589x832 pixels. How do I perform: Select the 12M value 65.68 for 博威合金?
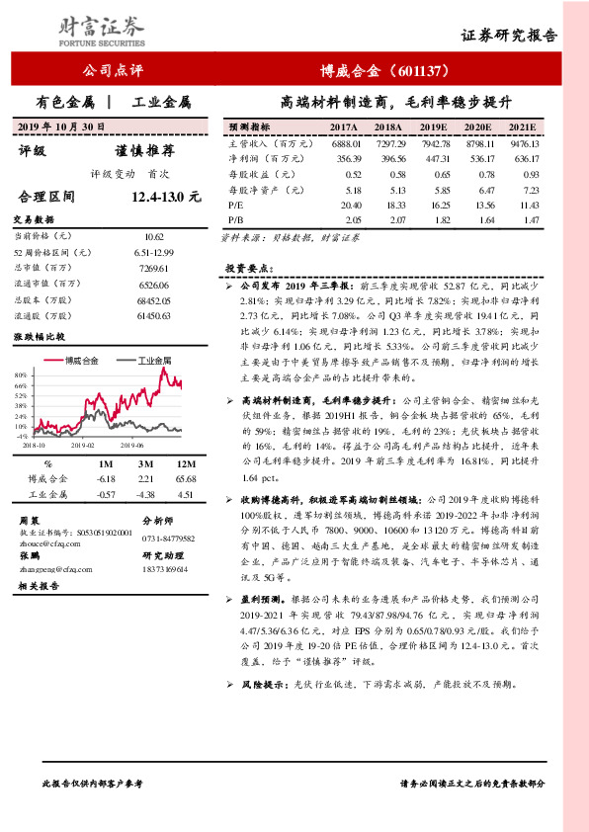click(x=183, y=478)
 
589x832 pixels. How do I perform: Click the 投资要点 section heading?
click(x=248, y=267)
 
